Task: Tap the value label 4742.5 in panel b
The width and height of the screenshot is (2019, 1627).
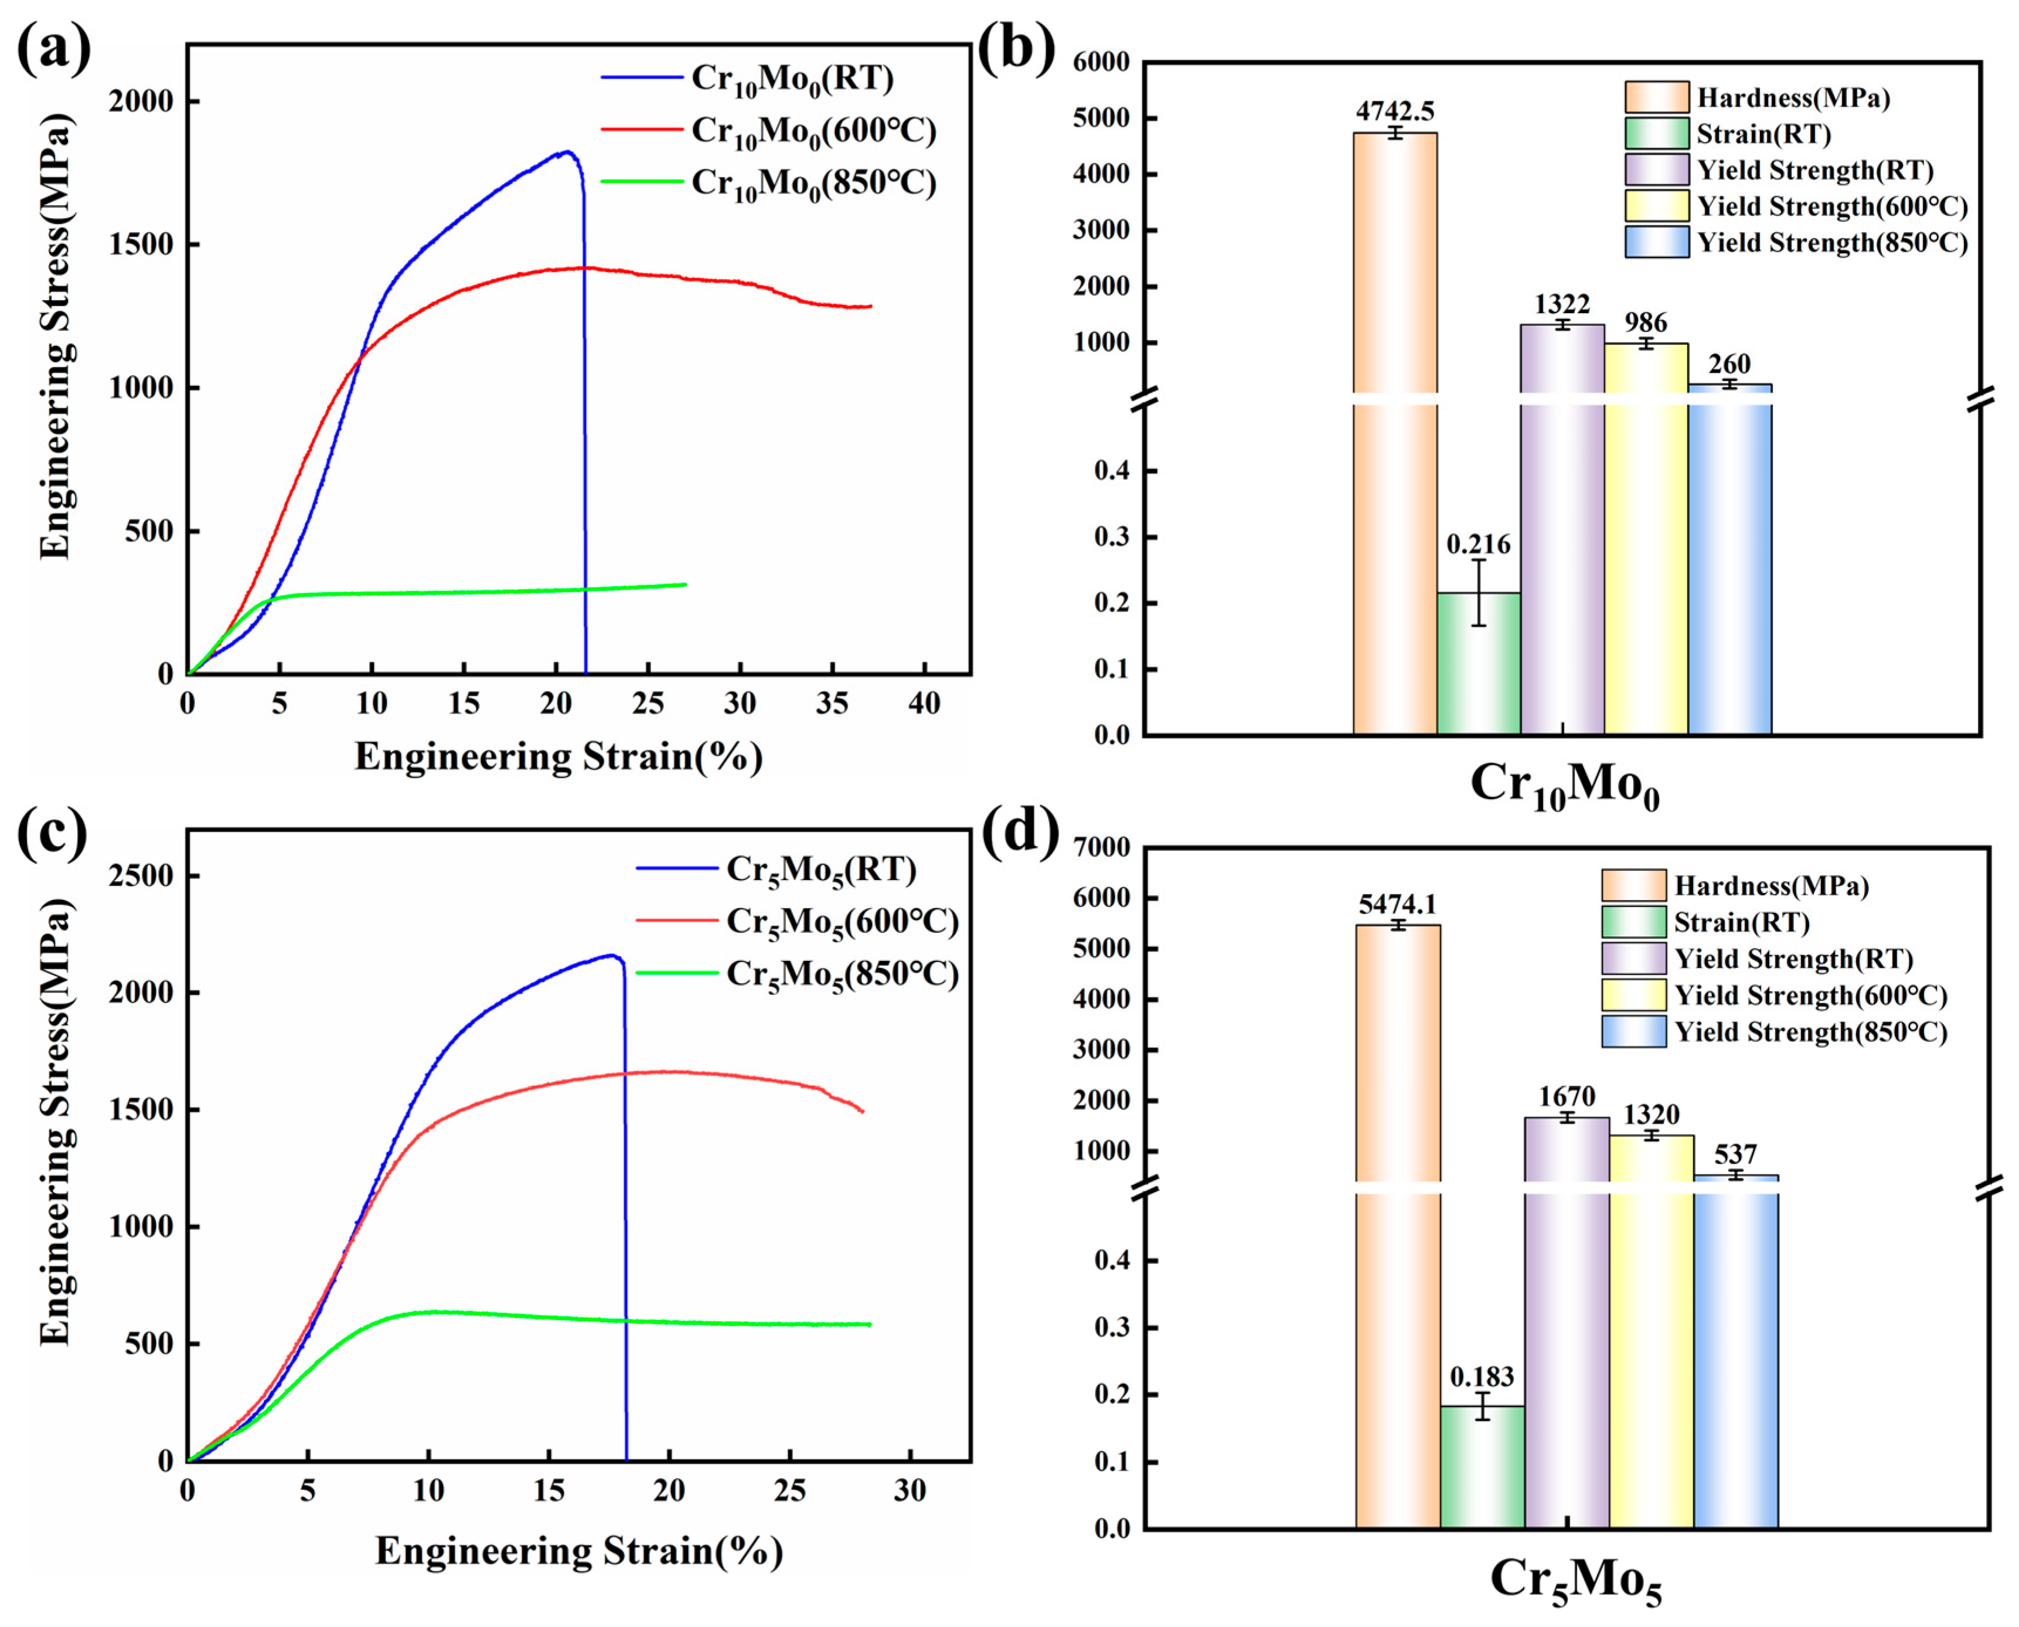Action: coord(1395,111)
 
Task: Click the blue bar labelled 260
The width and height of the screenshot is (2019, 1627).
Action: coord(1729,562)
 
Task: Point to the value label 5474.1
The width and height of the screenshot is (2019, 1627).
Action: coord(1398,903)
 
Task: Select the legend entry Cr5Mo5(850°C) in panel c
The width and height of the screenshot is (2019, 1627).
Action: coord(842,974)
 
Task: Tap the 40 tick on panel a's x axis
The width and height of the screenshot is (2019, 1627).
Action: coord(924,704)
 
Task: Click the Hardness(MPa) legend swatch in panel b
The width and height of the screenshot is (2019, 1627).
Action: coord(1656,97)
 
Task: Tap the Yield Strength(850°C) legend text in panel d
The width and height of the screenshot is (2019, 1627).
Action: coord(1810,1032)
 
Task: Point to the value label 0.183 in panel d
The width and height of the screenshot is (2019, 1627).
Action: coord(1481,1377)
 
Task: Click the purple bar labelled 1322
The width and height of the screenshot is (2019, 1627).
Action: coord(1562,525)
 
